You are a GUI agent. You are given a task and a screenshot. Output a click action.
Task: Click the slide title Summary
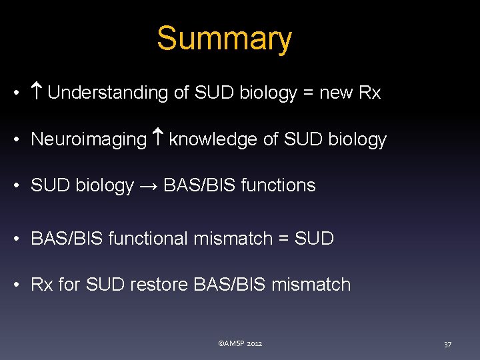[x=224, y=39]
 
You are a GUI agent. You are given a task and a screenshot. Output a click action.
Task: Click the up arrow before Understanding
[x=37, y=93]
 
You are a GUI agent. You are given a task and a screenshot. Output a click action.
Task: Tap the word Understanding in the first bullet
[x=108, y=93]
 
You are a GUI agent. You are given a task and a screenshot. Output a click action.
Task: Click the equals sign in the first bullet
[x=308, y=93]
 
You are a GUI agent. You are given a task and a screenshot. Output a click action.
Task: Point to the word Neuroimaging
[x=89, y=139]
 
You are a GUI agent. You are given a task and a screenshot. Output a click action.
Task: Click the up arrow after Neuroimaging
[x=157, y=139]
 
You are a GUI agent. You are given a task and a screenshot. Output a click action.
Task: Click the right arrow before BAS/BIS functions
[x=148, y=185]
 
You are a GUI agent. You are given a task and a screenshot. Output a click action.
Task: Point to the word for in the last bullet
[x=69, y=285]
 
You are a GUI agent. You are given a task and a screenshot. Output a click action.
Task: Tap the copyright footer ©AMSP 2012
[x=240, y=343]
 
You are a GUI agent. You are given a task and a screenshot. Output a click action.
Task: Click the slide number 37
[x=447, y=344]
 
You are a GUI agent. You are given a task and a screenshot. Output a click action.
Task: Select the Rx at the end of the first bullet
[x=369, y=93]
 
